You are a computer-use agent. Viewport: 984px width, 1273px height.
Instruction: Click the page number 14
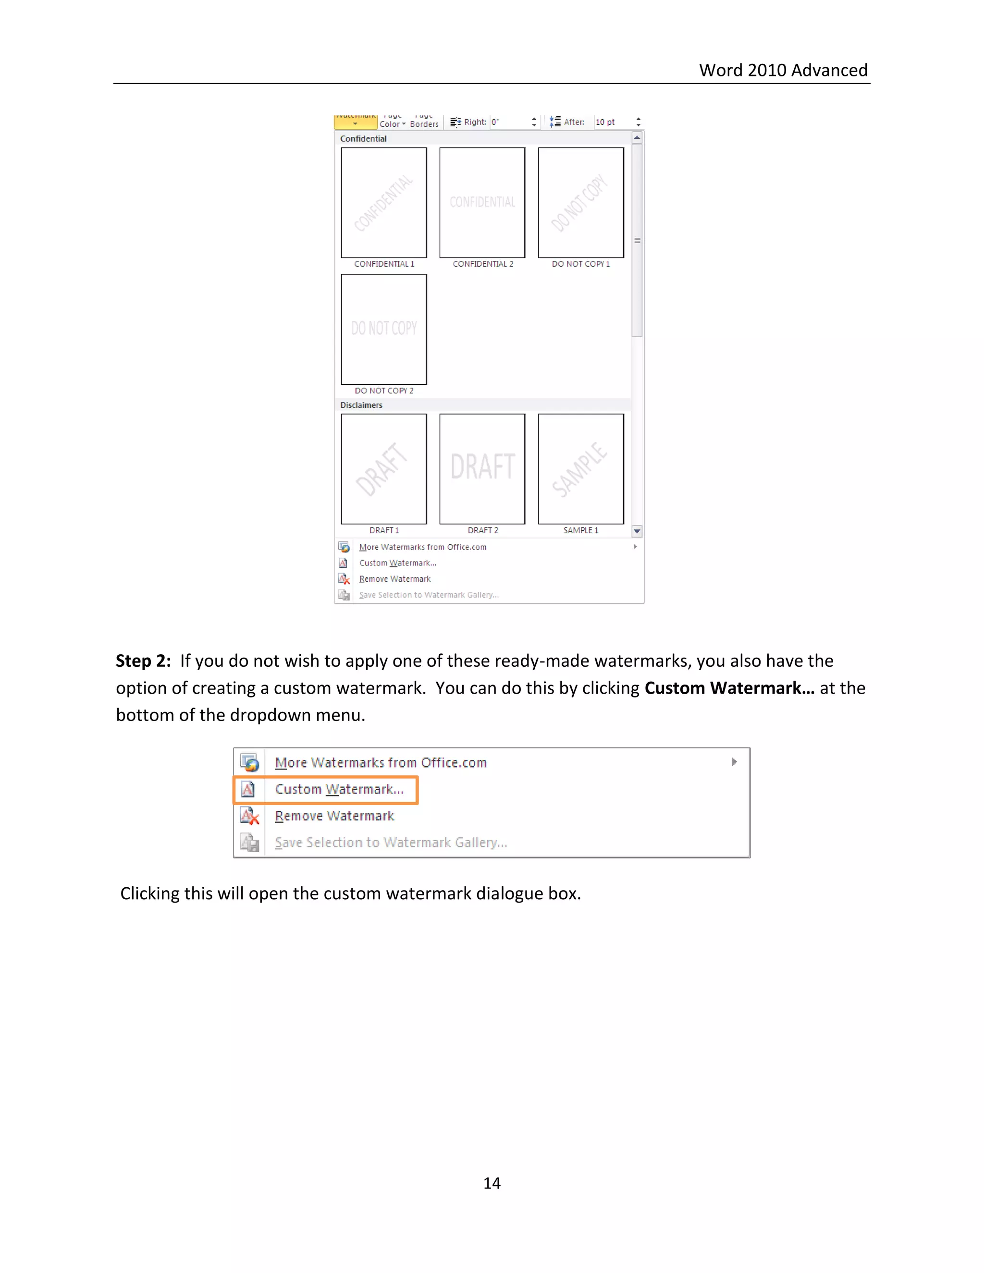492,1183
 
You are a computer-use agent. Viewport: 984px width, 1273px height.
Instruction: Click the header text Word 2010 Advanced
783,70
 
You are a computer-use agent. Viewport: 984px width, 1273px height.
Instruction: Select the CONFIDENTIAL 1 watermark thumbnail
383,202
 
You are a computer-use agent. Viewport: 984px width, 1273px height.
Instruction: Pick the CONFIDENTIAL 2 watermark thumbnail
482,202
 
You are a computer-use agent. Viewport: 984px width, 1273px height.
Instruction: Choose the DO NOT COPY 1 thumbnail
580,202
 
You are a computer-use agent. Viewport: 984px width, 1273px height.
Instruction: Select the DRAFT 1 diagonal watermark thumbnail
383,469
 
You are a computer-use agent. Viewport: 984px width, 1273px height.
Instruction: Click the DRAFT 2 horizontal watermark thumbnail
482,469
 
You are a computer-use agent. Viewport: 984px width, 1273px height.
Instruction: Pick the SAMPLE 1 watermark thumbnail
580,469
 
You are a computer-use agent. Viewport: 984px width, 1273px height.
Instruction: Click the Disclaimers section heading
361,405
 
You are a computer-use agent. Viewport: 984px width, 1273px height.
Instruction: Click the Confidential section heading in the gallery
363,139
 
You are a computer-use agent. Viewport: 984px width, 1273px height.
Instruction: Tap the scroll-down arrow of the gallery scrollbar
637,531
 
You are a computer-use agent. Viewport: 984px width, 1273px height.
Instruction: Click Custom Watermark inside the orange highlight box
339,789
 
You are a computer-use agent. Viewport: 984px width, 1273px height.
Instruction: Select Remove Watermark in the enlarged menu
334,816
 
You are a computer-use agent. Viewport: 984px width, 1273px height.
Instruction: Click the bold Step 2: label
143,661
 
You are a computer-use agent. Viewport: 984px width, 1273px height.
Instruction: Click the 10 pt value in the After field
605,122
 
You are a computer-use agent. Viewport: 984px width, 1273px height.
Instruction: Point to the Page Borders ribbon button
424,122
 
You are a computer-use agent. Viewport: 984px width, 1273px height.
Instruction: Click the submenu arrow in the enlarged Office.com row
734,762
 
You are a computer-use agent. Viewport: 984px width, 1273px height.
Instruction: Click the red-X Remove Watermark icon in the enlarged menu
249,816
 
